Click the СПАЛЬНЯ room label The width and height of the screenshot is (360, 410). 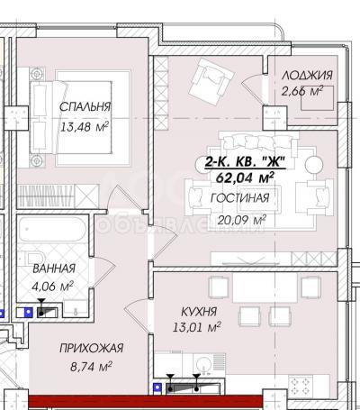click(x=85, y=106)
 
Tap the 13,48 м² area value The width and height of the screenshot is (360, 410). click(x=85, y=127)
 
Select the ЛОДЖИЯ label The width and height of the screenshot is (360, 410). click(x=307, y=75)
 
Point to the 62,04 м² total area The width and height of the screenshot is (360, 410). click(x=245, y=178)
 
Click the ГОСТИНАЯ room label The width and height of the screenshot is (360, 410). click(x=240, y=198)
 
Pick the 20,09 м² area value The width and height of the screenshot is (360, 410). click(x=242, y=220)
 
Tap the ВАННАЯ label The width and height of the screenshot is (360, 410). click(x=54, y=269)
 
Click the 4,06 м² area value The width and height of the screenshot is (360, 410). click(x=52, y=286)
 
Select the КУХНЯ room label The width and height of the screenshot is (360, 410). click(x=199, y=312)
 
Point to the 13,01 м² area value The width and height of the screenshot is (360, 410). click(x=197, y=327)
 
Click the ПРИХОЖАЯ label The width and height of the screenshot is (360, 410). click(x=92, y=348)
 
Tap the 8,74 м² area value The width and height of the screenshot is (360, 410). click(x=91, y=367)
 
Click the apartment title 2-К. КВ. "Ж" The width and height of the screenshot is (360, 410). click(x=245, y=162)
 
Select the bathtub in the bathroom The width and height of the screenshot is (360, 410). click(x=52, y=230)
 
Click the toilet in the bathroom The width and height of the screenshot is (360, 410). click(x=36, y=259)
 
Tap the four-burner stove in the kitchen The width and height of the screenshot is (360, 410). click(x=300, y=386)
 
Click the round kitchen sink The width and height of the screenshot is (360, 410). click(x=203, y=364)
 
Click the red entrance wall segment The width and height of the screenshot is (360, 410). click(x=146, y=401)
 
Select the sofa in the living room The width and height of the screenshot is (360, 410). click(x=259, y=141)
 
